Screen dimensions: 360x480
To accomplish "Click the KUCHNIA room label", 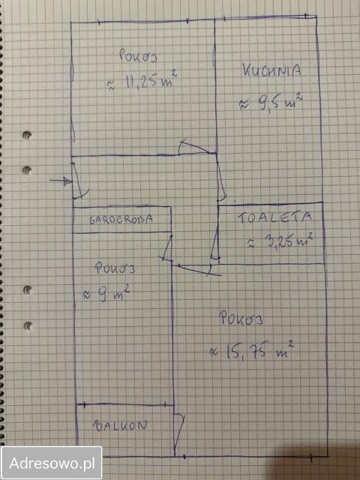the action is (x=271, y=70).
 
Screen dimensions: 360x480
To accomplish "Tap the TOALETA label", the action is (x=274, y=217).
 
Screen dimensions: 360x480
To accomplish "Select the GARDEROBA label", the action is (x=121, y=220).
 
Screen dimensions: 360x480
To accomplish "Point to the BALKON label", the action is (x=120, y=426).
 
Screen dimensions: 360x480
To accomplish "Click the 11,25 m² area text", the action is (x=142, y=81).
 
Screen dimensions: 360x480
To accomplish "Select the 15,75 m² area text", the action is (x=252, y=349).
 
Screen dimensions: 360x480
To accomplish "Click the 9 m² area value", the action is (x=106, y=294).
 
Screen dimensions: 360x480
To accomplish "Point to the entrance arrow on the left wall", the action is (x=61, y=181).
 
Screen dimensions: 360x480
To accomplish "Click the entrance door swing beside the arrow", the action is (x=79, y=181).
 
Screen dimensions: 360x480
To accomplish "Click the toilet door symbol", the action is (x=215, y=244).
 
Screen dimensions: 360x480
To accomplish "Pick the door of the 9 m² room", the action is (x=167, y=248).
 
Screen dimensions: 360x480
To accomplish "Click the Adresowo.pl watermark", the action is (x=52, y=463).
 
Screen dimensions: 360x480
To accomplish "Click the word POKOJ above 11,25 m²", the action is (x=138, y=56).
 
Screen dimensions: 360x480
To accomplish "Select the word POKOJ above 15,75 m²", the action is (x=241, y=319).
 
